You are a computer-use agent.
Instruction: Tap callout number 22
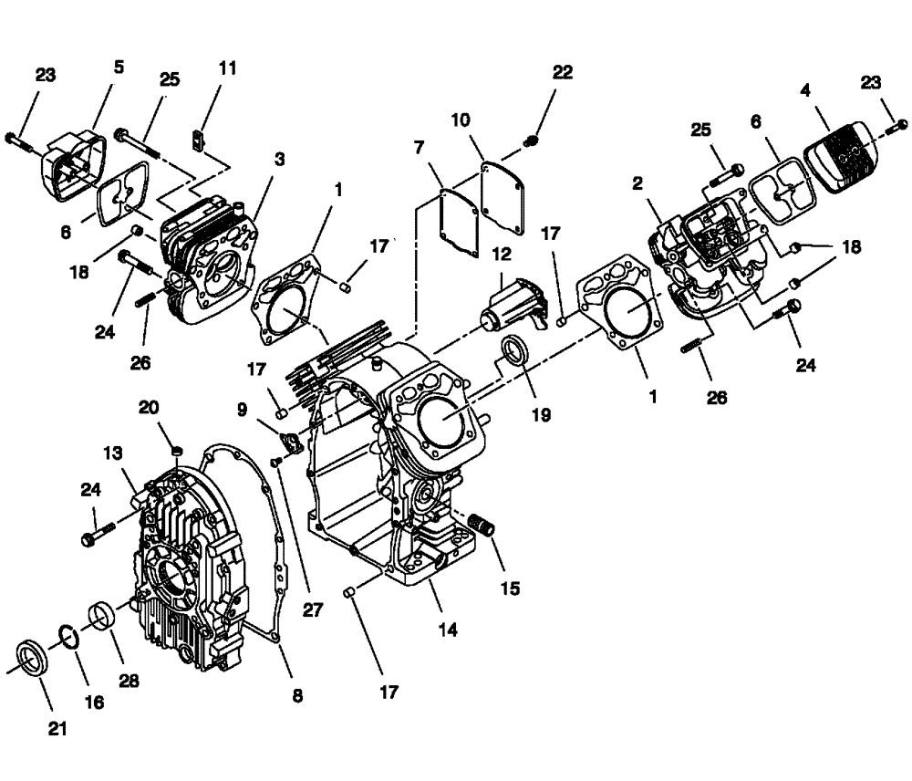tap(563, 73)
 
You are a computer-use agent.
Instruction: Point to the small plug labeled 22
tap(534, 140)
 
